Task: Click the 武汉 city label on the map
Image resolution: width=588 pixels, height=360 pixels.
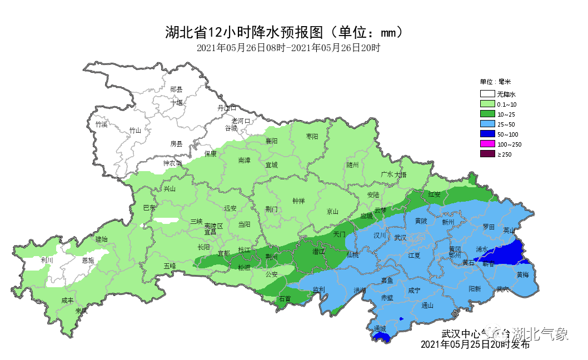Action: tap(400, 238)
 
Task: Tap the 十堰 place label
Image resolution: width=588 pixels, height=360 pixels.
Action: tap(177, 102)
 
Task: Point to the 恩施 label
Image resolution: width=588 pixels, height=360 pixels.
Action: tap(88, 260)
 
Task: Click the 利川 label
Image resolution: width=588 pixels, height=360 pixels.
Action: tap(47, 260)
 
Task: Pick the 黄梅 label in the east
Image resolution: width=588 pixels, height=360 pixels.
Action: tap(522, 275)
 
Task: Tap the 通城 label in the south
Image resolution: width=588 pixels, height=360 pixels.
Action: tap(380, 329)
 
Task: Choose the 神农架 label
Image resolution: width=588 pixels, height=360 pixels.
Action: tap(172, 163)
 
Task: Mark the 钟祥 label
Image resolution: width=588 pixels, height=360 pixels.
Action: tap(299, 201)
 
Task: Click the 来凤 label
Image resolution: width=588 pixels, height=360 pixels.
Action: tap(81, 311)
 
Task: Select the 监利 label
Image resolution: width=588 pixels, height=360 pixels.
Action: tap(318, 289)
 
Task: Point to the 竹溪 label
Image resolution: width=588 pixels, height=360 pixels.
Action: tap(101, 124)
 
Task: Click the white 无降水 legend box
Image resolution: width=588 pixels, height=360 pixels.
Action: tap(487, 94)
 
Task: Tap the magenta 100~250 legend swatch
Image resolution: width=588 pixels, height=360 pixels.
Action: tap(487, 144)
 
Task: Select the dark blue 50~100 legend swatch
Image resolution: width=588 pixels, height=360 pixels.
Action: tap(487, 134)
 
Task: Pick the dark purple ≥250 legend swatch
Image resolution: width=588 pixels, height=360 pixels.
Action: tap(487, 154)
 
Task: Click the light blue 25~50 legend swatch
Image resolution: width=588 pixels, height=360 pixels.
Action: tap(487, 124)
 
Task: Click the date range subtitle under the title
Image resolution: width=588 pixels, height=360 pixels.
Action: tap(288, 48)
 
